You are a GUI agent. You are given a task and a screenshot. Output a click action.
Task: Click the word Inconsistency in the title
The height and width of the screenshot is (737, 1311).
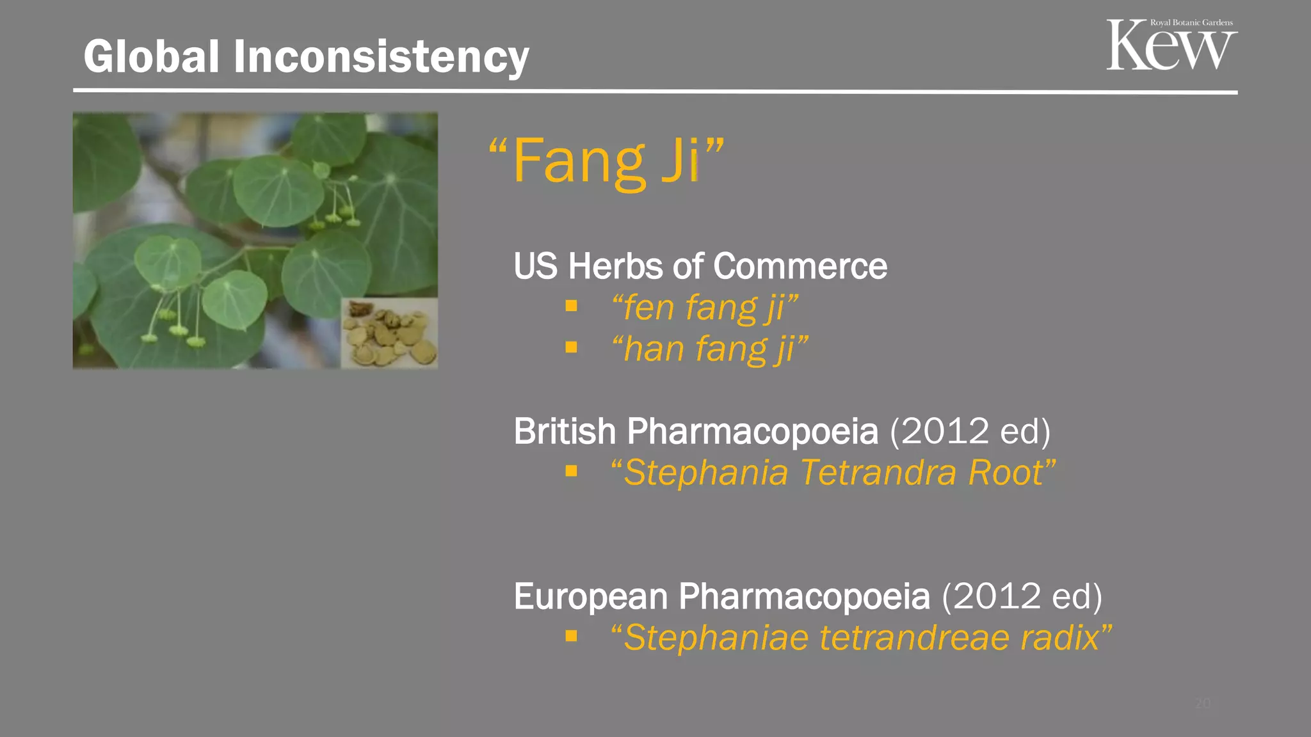pos(381,56)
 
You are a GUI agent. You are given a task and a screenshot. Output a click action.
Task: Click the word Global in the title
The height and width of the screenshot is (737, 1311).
pos(152,56)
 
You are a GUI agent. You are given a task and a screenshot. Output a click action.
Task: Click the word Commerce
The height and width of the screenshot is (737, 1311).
pos(800,266)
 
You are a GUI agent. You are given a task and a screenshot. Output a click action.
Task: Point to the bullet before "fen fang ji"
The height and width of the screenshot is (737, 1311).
pos(571,306)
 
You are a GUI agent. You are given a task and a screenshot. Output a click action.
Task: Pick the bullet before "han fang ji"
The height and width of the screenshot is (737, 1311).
pos(571,347)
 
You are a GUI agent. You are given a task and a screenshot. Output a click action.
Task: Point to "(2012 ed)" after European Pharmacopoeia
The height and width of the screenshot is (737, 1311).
pos(1022,596)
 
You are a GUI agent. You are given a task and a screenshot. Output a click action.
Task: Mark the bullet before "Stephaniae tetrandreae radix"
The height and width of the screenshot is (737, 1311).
pos(571,636)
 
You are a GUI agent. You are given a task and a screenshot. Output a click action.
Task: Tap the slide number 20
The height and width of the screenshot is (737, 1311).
pos(1203,704)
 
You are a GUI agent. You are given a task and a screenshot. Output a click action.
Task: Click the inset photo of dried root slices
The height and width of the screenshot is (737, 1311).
pos(389,333)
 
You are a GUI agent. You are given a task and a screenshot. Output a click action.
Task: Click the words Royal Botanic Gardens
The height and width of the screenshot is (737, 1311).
pos(1191,22)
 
